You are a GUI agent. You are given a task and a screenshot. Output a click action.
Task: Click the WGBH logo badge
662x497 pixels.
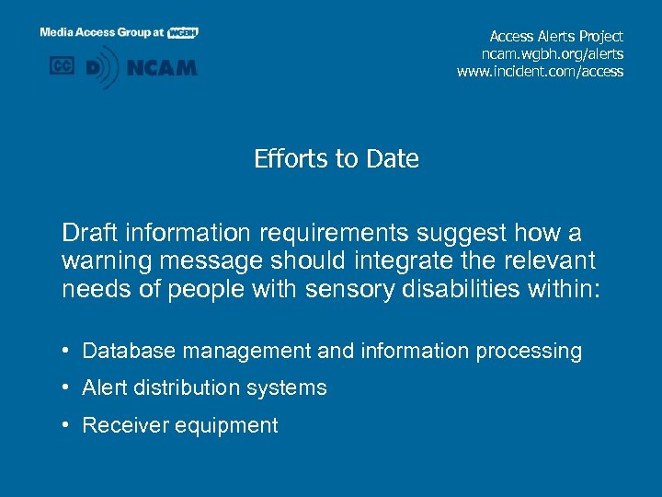click(183, 32)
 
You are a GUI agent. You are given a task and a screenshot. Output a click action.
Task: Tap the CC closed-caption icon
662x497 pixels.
click(62, 67)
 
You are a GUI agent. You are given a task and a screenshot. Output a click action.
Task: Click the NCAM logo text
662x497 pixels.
click(161, 68)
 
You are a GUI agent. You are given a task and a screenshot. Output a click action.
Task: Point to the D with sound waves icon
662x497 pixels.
click(101, 68)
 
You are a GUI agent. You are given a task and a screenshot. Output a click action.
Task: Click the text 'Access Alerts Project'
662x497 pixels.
click(556, 37)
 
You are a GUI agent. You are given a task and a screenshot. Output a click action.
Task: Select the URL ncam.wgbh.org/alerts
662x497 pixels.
click(555, 54)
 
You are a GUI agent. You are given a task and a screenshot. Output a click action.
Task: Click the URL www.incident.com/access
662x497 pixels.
click(540, 72)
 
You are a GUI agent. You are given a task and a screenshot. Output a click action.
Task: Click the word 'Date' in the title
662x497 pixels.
click(392, 159)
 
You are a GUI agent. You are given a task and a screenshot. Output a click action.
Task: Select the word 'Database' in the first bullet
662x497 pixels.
click(126, 352)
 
